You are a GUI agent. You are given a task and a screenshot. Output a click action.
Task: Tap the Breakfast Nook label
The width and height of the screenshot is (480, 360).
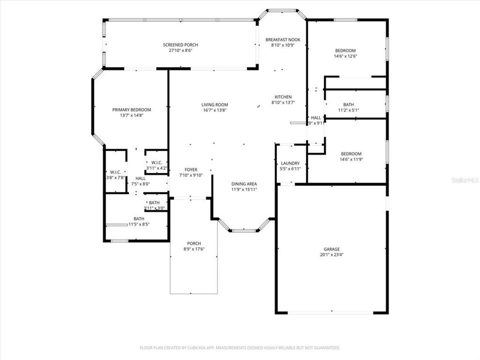283,39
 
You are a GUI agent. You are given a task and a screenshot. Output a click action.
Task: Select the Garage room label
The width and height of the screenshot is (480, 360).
331,249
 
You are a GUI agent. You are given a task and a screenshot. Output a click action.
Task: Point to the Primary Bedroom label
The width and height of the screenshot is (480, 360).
131,109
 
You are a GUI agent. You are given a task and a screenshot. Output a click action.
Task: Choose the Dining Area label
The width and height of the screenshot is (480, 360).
244,183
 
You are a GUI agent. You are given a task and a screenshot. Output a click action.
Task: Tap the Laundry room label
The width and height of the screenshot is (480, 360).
290,163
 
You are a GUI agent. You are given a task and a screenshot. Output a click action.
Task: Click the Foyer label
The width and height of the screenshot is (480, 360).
190,169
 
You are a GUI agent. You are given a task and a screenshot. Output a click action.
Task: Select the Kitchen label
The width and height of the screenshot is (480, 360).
283,97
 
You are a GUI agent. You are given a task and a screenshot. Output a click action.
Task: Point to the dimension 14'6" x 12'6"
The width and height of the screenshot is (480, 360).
345,56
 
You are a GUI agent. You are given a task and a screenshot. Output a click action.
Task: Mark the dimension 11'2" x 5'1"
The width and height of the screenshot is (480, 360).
348,110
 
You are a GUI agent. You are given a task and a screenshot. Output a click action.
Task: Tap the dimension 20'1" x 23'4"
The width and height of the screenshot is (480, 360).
331,254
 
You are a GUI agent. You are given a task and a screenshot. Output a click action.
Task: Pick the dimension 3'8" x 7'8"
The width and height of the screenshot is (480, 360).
115,177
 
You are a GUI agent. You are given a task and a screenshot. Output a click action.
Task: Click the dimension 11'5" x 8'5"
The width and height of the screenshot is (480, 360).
139,224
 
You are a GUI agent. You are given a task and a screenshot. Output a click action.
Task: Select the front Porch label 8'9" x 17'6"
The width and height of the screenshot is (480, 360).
194,246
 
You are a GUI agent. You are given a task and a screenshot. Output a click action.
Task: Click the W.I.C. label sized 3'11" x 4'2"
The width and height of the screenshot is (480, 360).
156,165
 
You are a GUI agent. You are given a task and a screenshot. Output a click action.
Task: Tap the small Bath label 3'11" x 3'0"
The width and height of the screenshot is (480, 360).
154,205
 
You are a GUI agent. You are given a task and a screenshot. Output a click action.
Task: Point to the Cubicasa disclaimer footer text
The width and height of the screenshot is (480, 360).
240,347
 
